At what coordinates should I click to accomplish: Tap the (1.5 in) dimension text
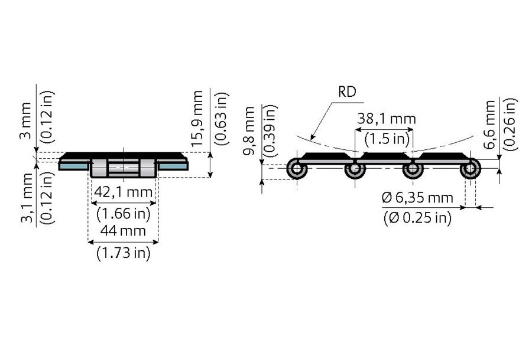point(385,139)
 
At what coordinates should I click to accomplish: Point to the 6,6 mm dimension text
point(490,126)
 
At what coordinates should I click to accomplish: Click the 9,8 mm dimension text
point(251,133)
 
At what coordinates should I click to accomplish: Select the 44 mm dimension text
point(124,232)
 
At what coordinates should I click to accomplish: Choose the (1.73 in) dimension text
point(124,253)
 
